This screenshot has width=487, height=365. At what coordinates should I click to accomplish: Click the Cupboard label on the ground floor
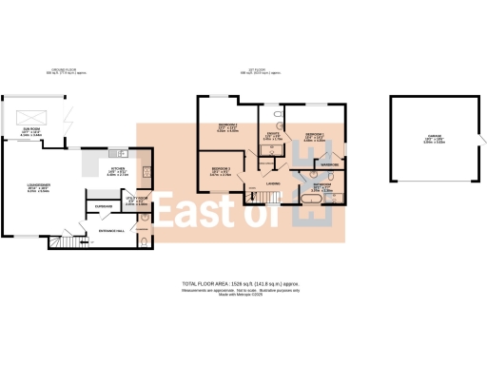[x=105, y=206]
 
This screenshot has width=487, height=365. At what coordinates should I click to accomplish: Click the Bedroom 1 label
[x=314, y=135]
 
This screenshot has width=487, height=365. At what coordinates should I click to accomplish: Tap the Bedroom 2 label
[x=226, y=126]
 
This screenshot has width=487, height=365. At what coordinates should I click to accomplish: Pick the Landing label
[x=273, y=183]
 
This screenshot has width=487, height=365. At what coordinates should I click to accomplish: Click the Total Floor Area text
[x=243, y=283]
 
